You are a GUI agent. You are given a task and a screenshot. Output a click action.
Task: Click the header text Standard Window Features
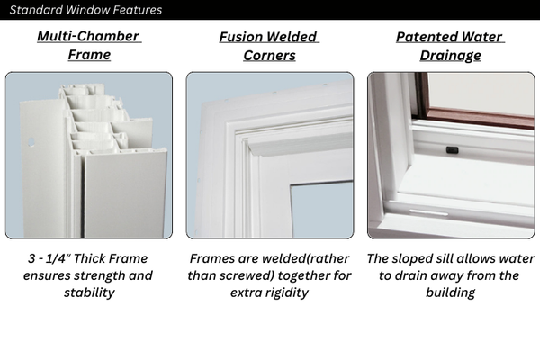pos(85,10)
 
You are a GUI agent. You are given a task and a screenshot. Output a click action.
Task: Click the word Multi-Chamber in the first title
pos(89,37)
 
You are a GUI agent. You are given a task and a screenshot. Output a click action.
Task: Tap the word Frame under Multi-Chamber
pos(89,55)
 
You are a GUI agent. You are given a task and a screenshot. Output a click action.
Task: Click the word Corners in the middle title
pos(269,55)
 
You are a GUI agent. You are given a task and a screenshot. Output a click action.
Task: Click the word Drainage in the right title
pos(450,55)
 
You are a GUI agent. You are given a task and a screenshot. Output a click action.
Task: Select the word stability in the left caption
pos(89,292)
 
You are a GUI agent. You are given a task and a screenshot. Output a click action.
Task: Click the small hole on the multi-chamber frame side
pos(31,141)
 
